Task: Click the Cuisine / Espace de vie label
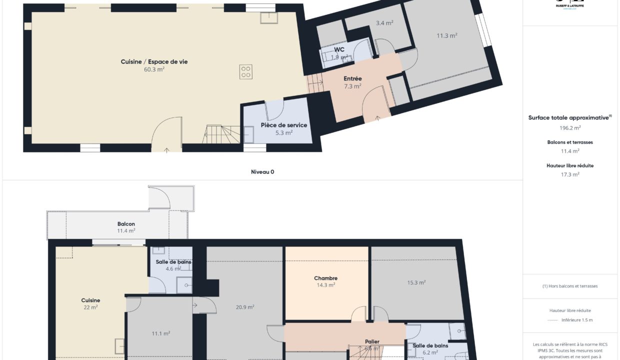pos(154,61)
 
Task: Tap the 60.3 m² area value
pos(154,69)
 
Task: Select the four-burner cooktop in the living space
pos(245,71)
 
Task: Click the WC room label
pos(339,49)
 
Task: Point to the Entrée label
pos(352,78)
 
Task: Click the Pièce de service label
pos(283,125)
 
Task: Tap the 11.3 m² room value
pos(446,35)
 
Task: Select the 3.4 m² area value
pos(384,23)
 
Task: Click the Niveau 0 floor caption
pos(262,171)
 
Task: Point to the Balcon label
pos(126,224)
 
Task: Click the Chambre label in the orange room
pos(325,278)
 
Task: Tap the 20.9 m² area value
pos(245,307)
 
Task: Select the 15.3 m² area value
pos(416,282)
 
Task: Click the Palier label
pos(371,341)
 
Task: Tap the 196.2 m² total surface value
pos(570,127)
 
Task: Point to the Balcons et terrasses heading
pos(570,142)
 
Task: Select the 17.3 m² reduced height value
pos(570,174)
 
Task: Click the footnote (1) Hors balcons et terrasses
pos(570,286)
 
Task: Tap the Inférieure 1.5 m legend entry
pos(576,320)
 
